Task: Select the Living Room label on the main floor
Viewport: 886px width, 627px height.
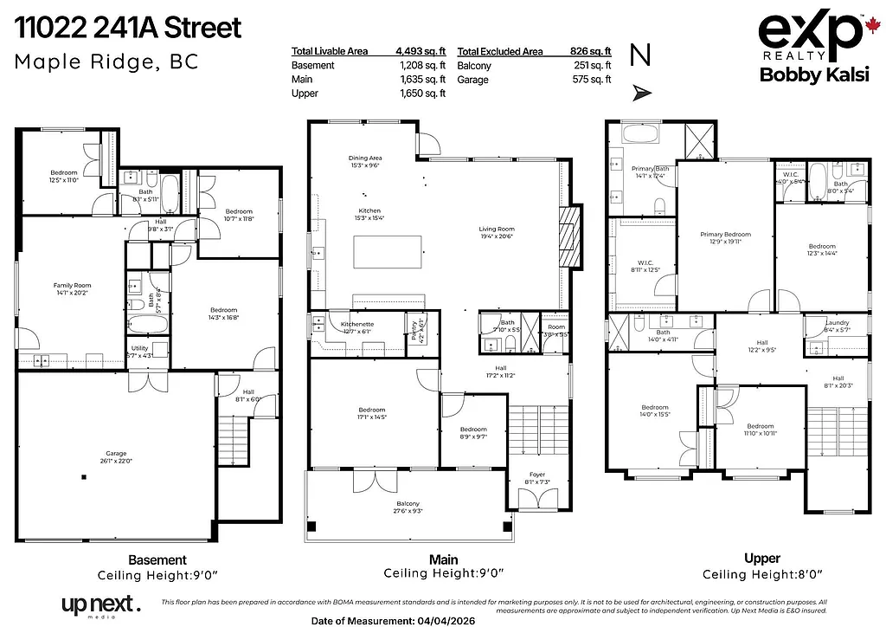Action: pyautogui.click(x=497, y=229)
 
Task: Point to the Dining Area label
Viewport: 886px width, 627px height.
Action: pyautogui.click(x=364, y=158)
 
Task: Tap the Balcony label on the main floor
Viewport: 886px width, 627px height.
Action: pyautogui.click(x=408, y=504)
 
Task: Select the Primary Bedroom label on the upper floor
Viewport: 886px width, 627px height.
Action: pyautogui.click(x=725, y=235)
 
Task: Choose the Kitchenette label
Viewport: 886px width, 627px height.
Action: pyautogui.click(x=356, y=323)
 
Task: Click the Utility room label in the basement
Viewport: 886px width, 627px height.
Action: pyautogui.click(x=139, y=348)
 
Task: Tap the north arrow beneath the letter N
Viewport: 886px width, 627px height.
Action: pyautogui.click(x=639, y=89)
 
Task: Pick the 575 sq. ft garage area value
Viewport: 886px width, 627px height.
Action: pyautogui.click(x=594, y=80)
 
